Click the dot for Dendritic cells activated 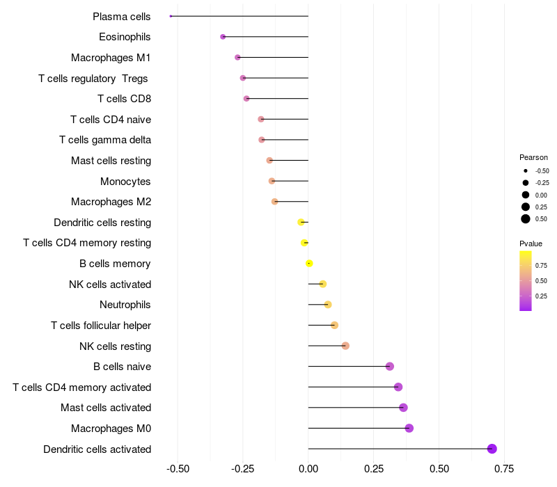point(492,449)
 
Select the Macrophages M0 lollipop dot point(409,428)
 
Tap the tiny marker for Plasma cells point(171,16)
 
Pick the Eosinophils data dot point(223,37)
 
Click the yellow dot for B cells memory point(309,264)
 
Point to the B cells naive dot point(389,367)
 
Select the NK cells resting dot point(345,346)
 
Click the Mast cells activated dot point(403,408)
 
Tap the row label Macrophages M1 point(111,58)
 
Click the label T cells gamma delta point(105,140)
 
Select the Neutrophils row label point(125,305)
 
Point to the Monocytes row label point(125,182)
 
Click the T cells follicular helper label point(101,326)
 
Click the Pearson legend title point(533,157)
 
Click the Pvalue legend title point(531,243)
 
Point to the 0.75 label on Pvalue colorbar point(541,265)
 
